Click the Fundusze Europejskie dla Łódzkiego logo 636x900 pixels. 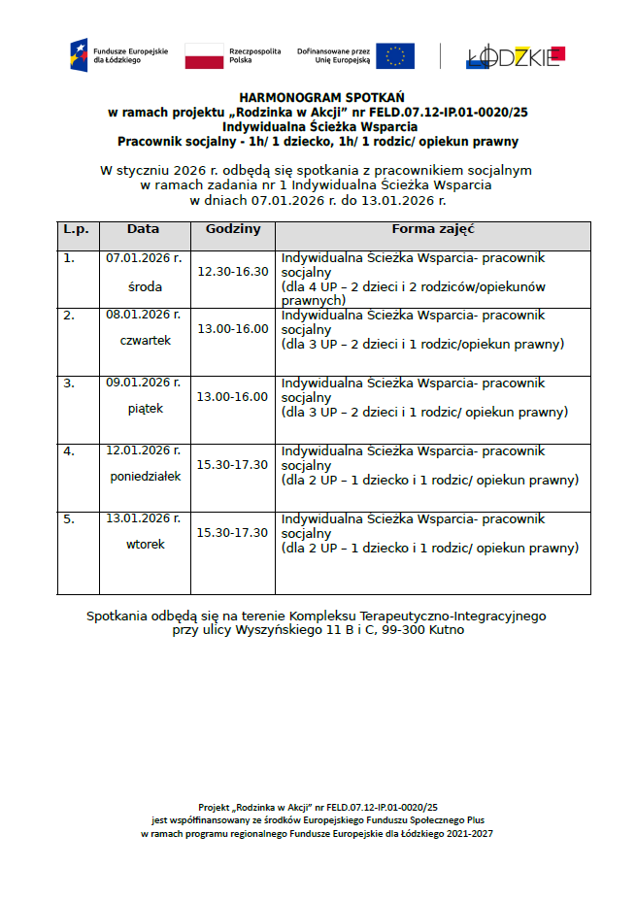(x=107, y=55)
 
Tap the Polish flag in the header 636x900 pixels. (x=204, y=56)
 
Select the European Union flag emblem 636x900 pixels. (x=395, y=55)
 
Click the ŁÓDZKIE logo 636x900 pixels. (x=515, y=56)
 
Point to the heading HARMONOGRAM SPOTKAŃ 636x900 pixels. (x=321, y=98)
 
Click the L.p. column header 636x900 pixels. (x=77, y=230)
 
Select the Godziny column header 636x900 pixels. (x=233, y=230)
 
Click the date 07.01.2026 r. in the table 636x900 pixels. (x=144, y=258)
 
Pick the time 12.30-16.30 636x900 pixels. (x=233, y=271)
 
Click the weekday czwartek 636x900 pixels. (x=145, y=341)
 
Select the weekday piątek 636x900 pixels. (x=145, y=409)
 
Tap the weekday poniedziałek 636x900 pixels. (x=145, y=477)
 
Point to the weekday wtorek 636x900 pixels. (x=145, y=545)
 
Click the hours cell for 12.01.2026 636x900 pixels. (x=233, y=465)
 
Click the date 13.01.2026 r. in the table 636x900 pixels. (x=144, y=518)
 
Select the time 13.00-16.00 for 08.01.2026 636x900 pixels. (x=233, y=329)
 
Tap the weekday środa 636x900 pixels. (x=145, y=287)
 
